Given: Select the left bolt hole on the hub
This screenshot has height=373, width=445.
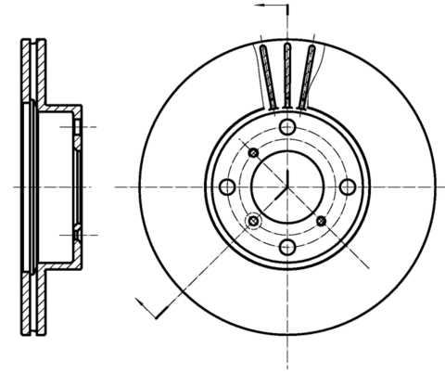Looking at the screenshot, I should pyautogui.click(x=227, y=186).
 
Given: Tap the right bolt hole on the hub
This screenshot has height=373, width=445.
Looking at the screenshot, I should pyautogui.click(x=348, y=186).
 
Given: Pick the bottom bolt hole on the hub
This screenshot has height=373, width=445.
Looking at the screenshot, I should pyautogui.click(x=287, y=247).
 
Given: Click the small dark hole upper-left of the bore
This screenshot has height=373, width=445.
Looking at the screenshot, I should pyautogui.click(x=252, y=152).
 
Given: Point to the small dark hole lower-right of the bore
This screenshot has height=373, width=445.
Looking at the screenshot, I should pyautogui.click(x=322, y=221).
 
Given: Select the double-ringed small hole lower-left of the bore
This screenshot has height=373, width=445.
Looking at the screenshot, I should pyautogui.click(x=253, y=221).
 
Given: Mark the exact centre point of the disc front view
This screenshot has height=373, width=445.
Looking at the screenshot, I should pyautogui.click(x=287, y=186).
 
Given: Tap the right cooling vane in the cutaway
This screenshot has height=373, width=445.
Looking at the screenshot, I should pyautogui.click(x=310, y=74).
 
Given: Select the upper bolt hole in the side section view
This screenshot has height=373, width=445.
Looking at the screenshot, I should pyautogui.click(x=78, y=124).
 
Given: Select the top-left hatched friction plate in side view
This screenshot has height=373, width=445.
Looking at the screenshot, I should pyautogui.click(x=26, y=70).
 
